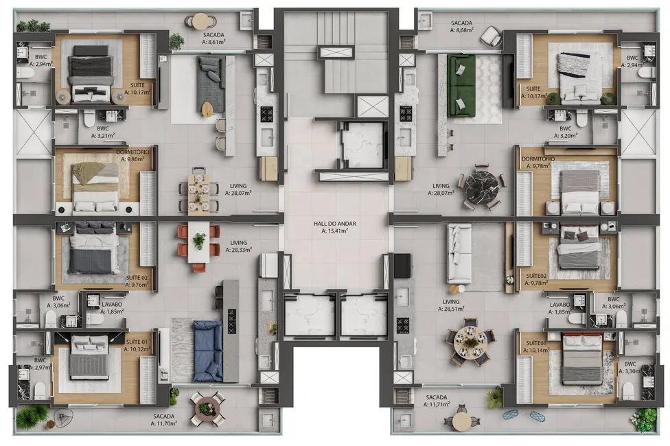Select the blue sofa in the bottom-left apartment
(x=207, y=350)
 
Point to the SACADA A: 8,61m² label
(x=213, y=38)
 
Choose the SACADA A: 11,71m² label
(x=436, y=401)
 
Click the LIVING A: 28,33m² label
(x=239, y=246)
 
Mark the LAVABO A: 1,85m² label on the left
(x=111, y=307)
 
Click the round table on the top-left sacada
(x=200, y=21)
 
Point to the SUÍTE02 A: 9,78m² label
(x=540, y=278)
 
